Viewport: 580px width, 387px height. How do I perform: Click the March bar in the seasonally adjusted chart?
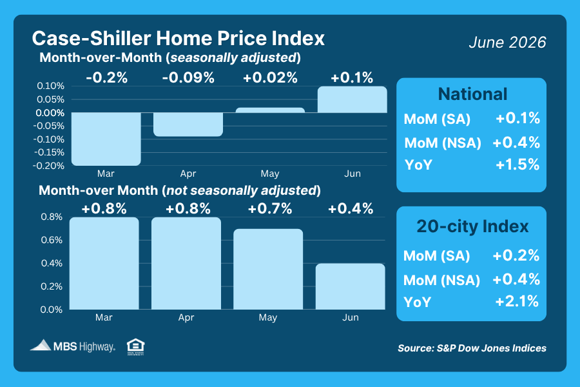click(106, 139)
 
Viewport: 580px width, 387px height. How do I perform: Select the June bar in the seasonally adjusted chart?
click(352, 99)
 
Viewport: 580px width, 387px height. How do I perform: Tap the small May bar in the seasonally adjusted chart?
click(270, 110)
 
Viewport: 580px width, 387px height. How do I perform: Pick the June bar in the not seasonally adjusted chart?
click(351, 286)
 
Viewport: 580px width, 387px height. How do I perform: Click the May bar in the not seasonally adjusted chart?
click(268, 269)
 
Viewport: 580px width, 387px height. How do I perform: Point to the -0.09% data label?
click(188, 78)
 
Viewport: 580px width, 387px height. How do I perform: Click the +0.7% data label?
click(270, 208)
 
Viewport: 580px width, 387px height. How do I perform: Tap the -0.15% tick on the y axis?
click(49, 152)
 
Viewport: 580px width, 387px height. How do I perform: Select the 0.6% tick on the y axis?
click(52, 240)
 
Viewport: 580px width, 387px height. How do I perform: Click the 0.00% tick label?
click(50, 113)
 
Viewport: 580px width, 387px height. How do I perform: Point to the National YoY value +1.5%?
click(517, 165)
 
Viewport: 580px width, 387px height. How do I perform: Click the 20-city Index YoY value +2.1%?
click(517, 301)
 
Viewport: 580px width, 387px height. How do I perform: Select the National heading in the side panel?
click(473, 94)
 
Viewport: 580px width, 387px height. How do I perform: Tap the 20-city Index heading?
click(473, 226)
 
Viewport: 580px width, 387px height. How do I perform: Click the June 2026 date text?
click(508, 42)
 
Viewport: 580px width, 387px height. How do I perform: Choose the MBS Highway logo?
click(73, 346)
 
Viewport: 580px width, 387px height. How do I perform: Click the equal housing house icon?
click(136, 346)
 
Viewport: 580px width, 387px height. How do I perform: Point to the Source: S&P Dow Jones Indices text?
click(472, 348)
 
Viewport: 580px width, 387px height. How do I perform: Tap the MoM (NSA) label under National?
click(443, 143)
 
